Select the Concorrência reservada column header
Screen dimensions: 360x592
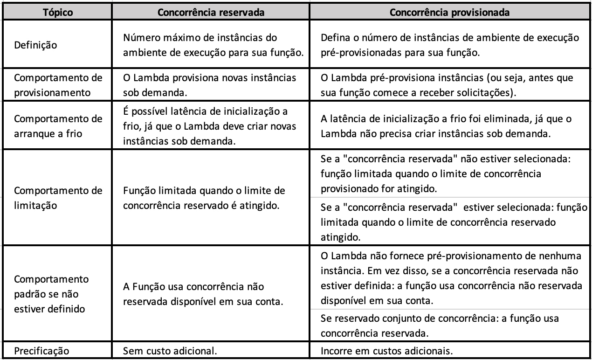click(x=212, y=13)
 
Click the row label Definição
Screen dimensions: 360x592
click(x=36, y=46)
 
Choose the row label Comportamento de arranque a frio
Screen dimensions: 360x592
click(x=58, y=126)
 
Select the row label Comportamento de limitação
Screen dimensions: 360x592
click(x=58, y=199)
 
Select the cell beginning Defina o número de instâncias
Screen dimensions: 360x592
click(x=450, y=46)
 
